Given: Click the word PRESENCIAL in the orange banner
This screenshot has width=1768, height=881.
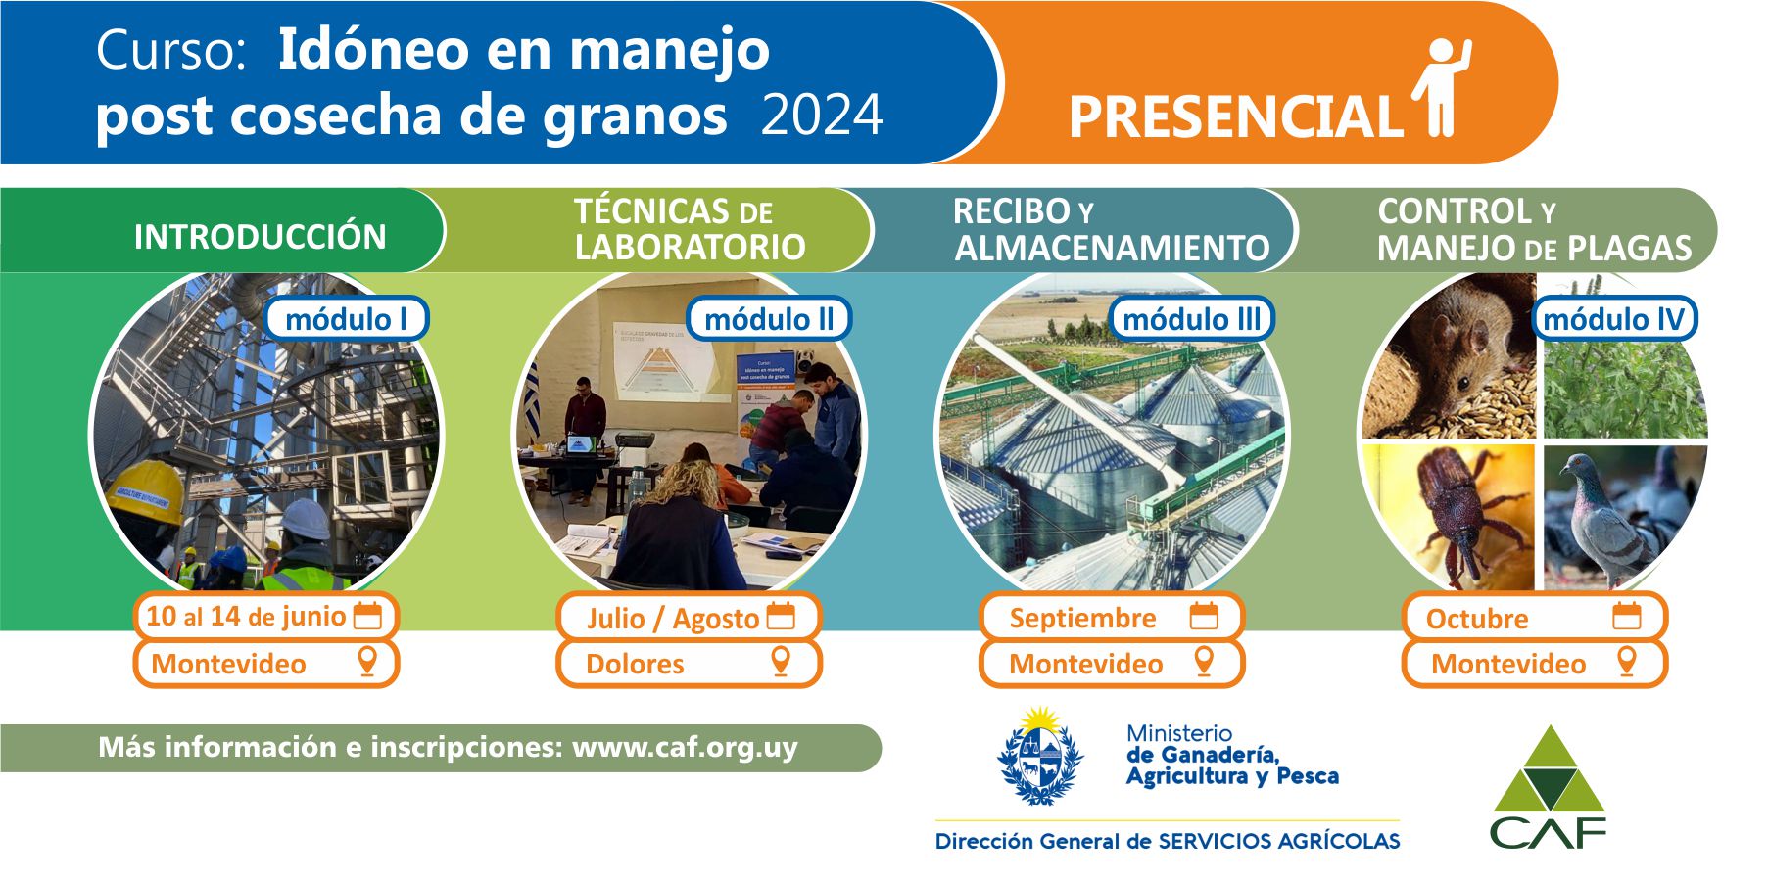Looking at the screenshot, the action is (1235, 117).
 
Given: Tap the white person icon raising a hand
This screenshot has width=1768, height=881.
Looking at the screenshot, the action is (1442, 87).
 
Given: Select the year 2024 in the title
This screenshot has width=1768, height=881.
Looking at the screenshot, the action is (822, 116).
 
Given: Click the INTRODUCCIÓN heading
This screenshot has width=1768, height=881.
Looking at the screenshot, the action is (260, 237).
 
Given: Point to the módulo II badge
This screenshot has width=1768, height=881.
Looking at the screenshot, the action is (769, 319).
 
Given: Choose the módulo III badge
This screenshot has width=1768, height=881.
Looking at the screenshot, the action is (1191, 319).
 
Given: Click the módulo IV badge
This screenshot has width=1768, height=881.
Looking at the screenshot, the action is (1614, 319).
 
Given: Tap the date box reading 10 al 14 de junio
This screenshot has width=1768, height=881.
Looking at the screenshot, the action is (265, 617).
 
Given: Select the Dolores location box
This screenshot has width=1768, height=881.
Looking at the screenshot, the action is (689, 664).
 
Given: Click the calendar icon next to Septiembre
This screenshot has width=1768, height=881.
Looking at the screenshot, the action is (1204, 616).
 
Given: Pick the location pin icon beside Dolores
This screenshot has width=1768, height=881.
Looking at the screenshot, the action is (781, 661).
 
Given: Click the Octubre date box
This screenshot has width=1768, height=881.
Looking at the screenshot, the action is (1534, 618).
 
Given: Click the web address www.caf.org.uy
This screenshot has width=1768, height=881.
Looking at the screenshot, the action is (685, 748).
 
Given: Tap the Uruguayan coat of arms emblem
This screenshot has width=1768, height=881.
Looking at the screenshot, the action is (1040, 757).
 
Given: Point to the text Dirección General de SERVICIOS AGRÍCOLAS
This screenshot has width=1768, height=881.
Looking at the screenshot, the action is (1168, 841).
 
